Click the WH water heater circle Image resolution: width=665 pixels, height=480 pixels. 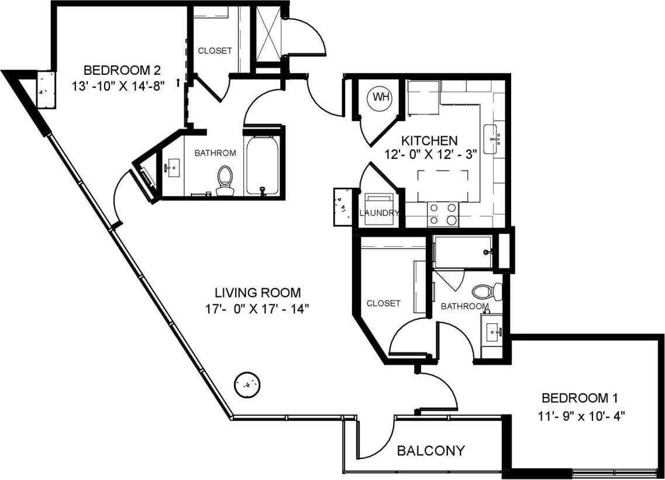point(381,96)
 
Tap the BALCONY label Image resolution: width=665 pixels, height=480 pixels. point(431,451)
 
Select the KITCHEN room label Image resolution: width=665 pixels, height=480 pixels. point(429,141)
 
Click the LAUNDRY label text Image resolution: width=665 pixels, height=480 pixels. point(378,213)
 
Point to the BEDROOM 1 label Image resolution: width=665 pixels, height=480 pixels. point(580,399)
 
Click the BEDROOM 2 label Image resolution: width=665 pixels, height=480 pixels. point(122,71)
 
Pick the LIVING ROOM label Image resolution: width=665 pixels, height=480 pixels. point(257,292)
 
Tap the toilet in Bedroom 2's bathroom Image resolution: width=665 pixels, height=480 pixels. point(225,181)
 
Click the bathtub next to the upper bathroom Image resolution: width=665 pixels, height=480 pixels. point(261,165)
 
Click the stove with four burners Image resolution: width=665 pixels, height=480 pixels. point(443,214)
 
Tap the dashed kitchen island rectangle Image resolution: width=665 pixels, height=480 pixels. point(443,185)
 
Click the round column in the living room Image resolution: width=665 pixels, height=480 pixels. point(246,385)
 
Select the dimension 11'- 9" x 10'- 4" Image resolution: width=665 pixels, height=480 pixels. point(580,417)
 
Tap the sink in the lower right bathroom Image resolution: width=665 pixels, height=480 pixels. point(491,333)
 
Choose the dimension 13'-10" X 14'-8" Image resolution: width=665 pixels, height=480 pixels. point(122,85)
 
